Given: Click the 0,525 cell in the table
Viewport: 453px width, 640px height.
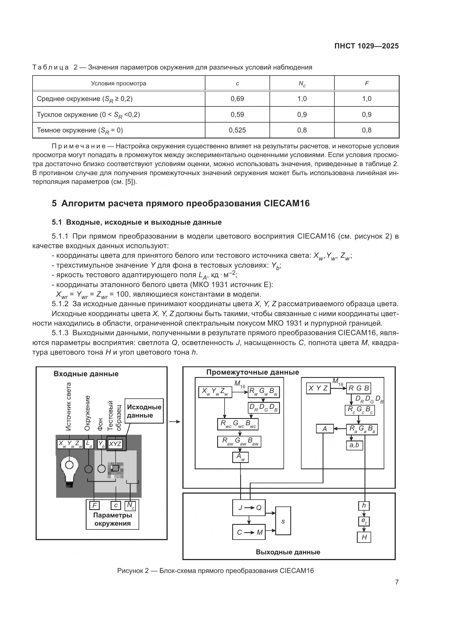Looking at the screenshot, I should [237, 130].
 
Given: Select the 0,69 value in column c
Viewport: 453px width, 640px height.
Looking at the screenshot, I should [237, 99].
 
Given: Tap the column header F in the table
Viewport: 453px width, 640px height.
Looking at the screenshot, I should [366, 83].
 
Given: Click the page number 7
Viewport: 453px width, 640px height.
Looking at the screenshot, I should [397, 582].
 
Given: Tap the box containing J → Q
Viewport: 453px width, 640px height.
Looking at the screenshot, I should [249, 508].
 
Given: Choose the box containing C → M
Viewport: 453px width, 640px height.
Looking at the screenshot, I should [249, 532].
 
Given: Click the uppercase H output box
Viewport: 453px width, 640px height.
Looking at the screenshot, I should [364, 537].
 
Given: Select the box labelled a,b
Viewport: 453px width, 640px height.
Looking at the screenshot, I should [354, 445].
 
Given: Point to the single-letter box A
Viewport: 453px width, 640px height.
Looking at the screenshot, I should [325, 429].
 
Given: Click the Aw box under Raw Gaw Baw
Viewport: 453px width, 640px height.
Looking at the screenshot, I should [240, 457].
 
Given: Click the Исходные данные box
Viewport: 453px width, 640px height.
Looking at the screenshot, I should [144, 411].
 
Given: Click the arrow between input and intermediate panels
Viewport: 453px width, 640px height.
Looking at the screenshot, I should [175, 422].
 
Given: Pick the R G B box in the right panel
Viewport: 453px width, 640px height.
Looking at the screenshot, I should [359, 388].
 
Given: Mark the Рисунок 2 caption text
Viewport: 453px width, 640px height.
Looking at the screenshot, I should [215, 571].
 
